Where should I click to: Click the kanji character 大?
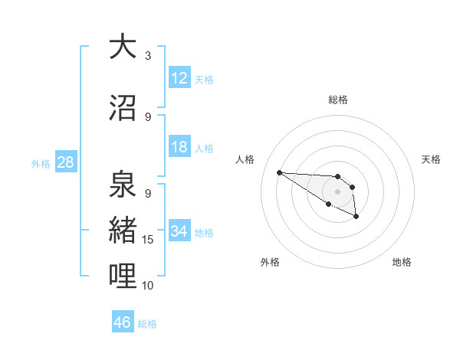pos(123,47)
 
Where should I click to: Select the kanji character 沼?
pos(123,108)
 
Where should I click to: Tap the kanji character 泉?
pos(123,185)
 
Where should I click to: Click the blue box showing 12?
pos(179,78)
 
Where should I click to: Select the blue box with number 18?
pos(179,147)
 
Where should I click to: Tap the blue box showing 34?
pos(179,231)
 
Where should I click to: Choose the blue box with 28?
pos(65,162)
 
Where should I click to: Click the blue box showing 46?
pos(123,322)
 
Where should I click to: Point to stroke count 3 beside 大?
pos(148,56)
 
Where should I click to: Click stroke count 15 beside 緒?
pos(148,240)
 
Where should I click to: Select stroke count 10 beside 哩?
pos(148,285)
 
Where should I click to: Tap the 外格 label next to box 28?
pos(41,163)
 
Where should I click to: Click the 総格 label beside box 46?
pos(147,323)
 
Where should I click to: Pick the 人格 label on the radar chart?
pos(245,159)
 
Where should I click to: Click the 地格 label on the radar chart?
pos(402,262)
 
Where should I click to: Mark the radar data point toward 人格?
pos(279,172)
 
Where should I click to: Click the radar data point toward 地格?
pos(356,217)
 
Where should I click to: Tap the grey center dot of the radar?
pos(337,191)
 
